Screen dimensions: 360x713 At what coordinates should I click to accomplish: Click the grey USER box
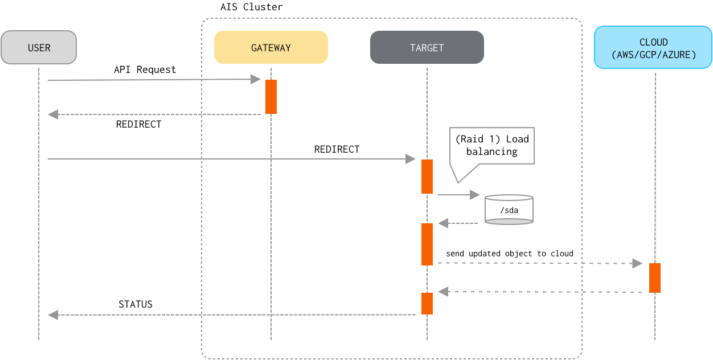(39, 47)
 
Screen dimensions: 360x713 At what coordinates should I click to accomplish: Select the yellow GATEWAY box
(271, 47)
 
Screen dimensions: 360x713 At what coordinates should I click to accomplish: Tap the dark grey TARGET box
(427, 47)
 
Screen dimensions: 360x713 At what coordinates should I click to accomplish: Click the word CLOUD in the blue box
(653, 42)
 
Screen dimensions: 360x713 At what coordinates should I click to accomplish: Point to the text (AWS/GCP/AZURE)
(653, 55)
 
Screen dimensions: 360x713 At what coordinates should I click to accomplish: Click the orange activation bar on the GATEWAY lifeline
(271, 97)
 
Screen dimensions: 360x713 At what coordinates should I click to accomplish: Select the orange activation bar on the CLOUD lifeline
(655, 278)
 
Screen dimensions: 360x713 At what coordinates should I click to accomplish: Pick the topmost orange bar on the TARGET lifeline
(427, 177)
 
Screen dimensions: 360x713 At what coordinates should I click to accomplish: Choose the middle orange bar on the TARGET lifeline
(427, 244)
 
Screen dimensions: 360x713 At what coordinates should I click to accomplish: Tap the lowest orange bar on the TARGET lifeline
(427, 304)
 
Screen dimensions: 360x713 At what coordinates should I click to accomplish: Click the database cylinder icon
(509, 210)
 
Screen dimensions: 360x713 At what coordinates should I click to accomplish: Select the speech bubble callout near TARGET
(493, 147)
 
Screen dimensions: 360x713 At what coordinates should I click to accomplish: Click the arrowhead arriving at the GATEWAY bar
(256, 80)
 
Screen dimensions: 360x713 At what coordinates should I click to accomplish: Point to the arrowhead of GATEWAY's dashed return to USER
(53, 114)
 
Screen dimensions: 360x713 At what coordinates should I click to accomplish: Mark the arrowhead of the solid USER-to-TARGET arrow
(411, 159)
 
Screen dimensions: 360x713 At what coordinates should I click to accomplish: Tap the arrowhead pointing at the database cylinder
(475, 195)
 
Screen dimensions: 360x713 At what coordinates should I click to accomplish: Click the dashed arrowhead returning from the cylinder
(443, 223)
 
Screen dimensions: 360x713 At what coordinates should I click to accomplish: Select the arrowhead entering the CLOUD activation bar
(637, 263)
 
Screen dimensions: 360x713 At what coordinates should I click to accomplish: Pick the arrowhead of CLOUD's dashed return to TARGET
(443, 292)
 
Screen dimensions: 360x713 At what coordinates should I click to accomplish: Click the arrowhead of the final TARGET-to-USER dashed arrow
(53, 314)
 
